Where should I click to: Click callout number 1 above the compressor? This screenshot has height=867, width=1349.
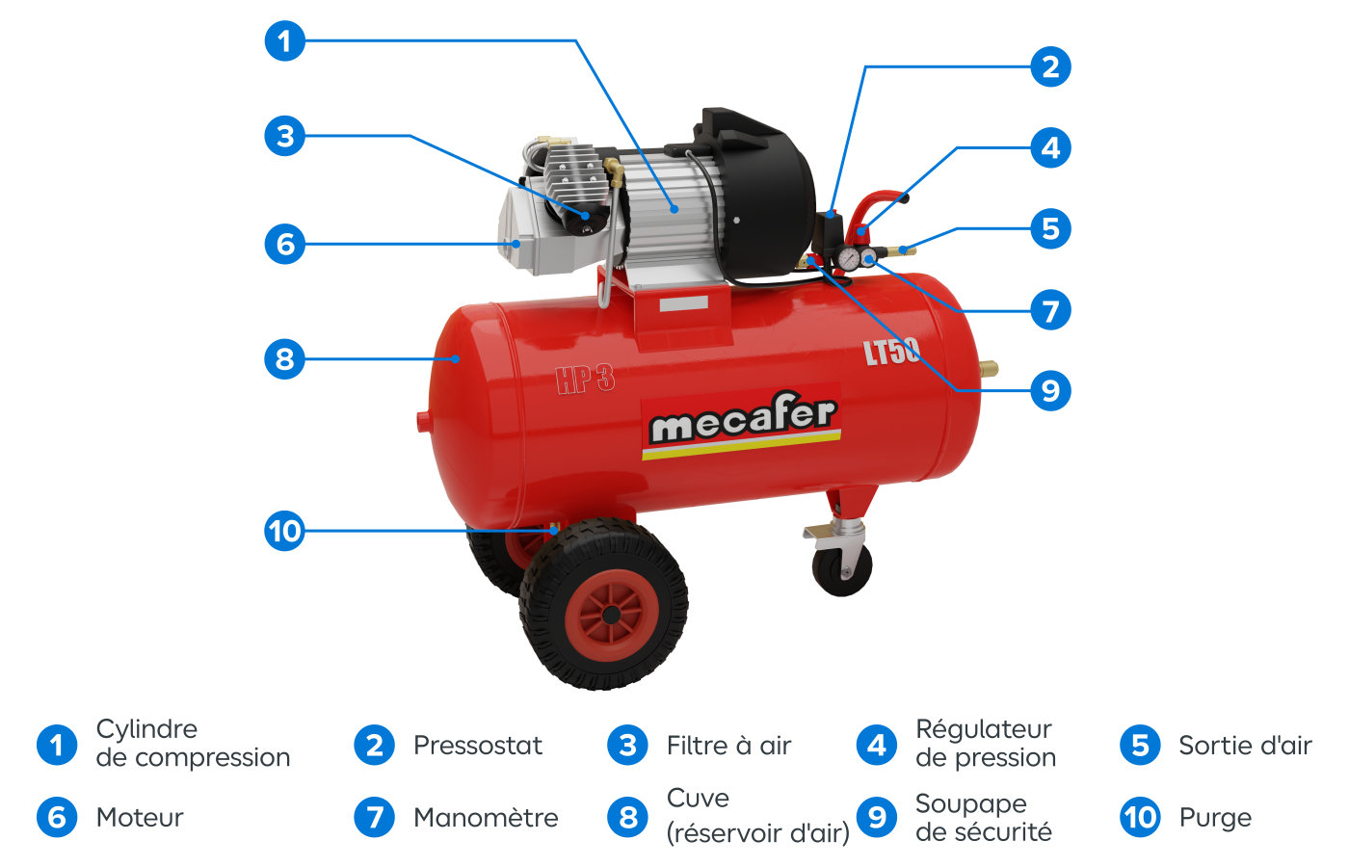(x=285, y=40)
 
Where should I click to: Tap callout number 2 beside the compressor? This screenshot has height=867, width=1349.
(x=1050, y=66)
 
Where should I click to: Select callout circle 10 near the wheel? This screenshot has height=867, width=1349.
(x=285, y=531)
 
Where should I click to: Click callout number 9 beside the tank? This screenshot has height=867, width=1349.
(x=1050, y=390)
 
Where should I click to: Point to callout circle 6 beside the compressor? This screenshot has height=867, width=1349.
(x=285, y=244)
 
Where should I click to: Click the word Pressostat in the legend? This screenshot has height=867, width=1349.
(x=478, y=746)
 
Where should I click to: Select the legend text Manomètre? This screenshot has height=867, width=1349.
(x=486, y=818)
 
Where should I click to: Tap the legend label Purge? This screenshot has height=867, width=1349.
(x=1215, y=819)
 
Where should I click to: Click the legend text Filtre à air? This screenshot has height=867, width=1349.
(x=728, y=746)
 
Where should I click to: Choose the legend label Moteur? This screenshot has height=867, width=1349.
(x=140, y=818)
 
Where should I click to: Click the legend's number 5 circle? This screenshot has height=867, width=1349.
(x=1140, y=746)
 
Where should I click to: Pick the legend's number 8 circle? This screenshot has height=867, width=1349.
(x=628, y=818)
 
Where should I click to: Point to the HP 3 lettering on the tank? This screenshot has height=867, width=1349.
(x=586, y=380)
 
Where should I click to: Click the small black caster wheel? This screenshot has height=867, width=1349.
(x=841, y=569)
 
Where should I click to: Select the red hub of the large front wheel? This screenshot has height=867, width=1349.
(x=612, y=616)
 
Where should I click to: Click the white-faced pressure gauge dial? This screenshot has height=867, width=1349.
(x=849, y=259)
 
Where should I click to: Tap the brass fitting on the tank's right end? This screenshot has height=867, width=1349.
(x=989, y=368)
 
